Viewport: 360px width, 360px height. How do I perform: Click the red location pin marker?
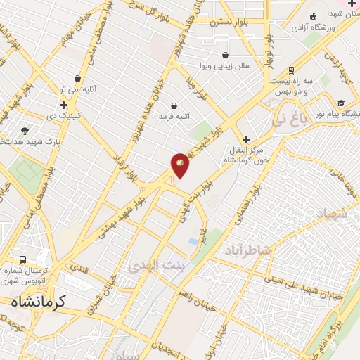(180, 165)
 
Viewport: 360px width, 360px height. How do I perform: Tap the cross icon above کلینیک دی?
(63, 104)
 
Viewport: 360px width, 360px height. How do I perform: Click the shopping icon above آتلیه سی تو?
(77, 79)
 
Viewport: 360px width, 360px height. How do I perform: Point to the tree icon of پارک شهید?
(25, 131)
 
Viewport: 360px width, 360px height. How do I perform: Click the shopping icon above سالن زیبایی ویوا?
(225, 56)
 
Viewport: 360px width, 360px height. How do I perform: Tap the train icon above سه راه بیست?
(291, 70)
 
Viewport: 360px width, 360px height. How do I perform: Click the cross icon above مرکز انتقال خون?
(246, 139)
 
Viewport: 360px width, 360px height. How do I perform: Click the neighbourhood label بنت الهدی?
(155, 264)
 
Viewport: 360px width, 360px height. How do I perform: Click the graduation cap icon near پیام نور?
(342, 101)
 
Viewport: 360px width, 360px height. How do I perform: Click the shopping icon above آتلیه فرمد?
(174, 105)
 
